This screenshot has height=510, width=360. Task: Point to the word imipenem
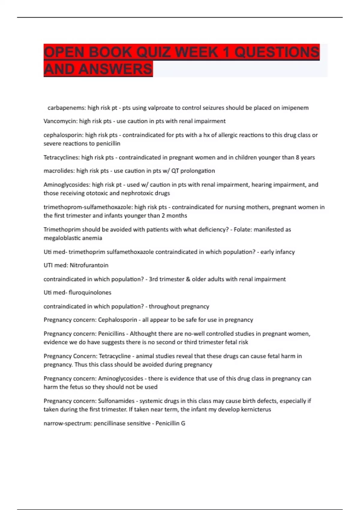point(295,108)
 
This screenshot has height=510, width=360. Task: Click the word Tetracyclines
point(61,157)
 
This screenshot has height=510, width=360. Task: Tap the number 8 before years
point(298,157)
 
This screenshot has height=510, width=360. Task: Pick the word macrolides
point(59,171)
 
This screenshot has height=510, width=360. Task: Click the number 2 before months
point(163,216)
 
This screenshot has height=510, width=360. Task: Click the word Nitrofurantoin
point(89,265)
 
